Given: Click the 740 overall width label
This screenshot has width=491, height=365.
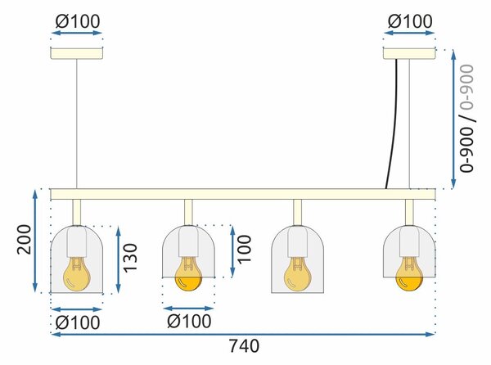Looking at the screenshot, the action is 245,346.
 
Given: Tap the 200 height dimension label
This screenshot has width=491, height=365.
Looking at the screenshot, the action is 25,240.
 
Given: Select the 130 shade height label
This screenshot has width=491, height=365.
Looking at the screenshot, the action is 130,258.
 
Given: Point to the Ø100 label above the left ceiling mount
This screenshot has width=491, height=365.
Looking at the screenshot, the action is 78,21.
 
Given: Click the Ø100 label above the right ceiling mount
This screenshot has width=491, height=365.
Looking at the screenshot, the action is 410,21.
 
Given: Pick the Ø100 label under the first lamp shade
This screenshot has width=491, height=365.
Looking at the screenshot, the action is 78,322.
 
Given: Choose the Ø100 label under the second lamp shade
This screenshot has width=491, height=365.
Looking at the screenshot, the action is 190,321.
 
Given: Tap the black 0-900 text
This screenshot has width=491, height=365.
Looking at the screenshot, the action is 466,150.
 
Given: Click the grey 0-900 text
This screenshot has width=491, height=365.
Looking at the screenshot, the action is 466,87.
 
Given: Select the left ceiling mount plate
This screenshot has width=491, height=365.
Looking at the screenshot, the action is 77,53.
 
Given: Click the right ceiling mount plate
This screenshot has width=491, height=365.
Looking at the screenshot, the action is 409,53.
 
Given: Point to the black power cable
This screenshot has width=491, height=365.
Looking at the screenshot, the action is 394,124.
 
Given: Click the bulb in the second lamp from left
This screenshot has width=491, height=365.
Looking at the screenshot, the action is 188,274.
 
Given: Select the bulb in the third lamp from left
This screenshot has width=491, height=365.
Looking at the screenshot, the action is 298,274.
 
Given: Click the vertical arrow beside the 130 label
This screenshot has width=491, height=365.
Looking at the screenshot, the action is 118,259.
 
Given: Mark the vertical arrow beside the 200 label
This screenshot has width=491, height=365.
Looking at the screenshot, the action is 35,241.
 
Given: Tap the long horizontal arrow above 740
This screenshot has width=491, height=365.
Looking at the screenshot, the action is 243,335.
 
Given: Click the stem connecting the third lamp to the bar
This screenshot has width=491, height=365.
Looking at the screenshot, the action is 298,213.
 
